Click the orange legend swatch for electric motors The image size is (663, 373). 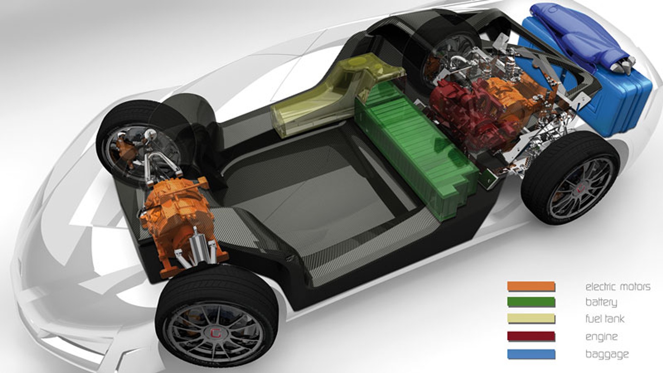(x=531, y=286)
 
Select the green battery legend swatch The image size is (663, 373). (x=531, y=302)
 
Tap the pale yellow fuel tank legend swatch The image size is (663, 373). (x=531, y=319)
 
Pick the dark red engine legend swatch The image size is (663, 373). (x=531, y=336)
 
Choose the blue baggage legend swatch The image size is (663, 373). (x=531, y=354)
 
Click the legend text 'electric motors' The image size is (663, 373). (x=618, y=286)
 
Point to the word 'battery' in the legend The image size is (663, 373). (x=601, y=302)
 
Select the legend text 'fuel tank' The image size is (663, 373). (x=604, y=319)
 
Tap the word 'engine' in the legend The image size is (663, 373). (x=601, y=337)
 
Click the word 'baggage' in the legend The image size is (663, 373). (x=607, y=354)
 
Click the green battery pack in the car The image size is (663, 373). (x=416, y=148)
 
